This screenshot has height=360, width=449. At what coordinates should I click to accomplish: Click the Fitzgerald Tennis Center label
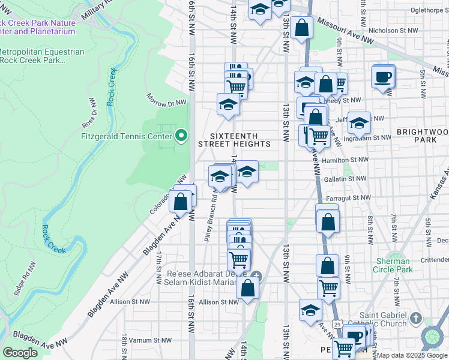(126, 136)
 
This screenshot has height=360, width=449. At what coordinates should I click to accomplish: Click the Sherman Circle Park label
(393, 265)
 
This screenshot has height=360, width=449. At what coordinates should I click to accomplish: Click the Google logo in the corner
(20, 353)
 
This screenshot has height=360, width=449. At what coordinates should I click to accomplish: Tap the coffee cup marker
(383, 77)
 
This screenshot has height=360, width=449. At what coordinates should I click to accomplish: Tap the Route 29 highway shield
(339, 324)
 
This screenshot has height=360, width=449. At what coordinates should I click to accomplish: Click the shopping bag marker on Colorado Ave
(180, 202)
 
